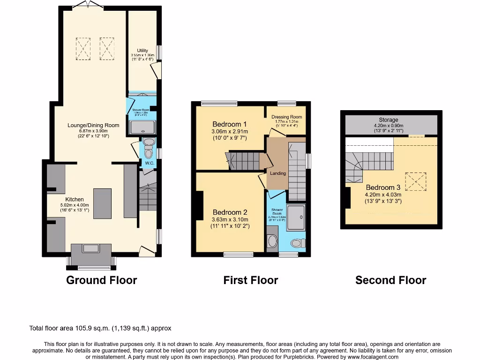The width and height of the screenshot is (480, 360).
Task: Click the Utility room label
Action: pos(142,51)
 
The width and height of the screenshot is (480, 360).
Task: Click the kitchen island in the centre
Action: pos(102,203)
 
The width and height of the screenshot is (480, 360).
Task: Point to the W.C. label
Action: pos(150,163)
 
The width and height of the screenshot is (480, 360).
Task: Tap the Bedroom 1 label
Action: pos(230,124)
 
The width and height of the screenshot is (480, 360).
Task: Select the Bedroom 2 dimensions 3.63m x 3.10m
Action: pos(230,219)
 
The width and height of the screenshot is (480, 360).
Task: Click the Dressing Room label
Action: pos(286,117)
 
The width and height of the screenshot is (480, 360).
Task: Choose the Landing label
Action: pos(277,173)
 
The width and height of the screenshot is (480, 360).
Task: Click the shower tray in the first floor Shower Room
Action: pos(295,217)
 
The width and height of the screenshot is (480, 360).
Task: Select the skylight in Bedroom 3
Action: pos(415,181)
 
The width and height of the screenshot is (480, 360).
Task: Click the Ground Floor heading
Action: pos(101,280)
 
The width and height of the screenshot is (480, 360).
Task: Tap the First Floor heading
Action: pos(250,280)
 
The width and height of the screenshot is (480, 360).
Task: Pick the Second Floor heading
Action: pos(390,280)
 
